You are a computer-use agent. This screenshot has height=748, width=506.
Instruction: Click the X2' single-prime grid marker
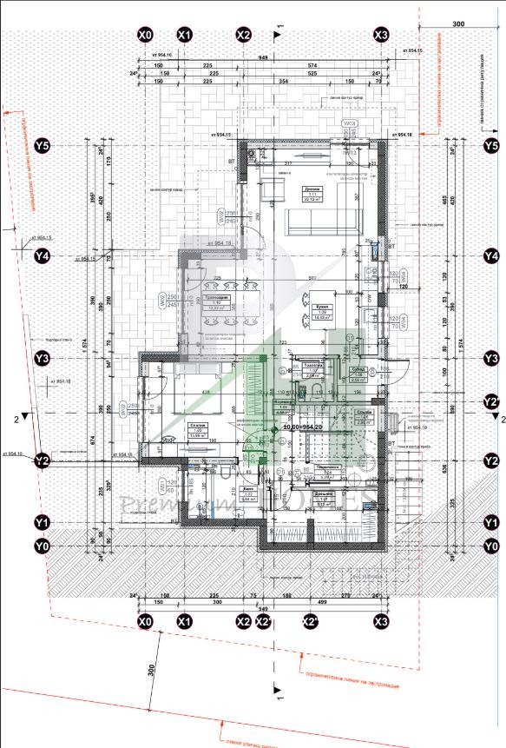click(x=262, y=622)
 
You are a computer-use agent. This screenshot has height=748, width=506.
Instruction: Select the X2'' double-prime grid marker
click(x=308, y=622)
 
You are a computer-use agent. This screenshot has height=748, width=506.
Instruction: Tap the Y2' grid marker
click(x=491, y=401)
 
